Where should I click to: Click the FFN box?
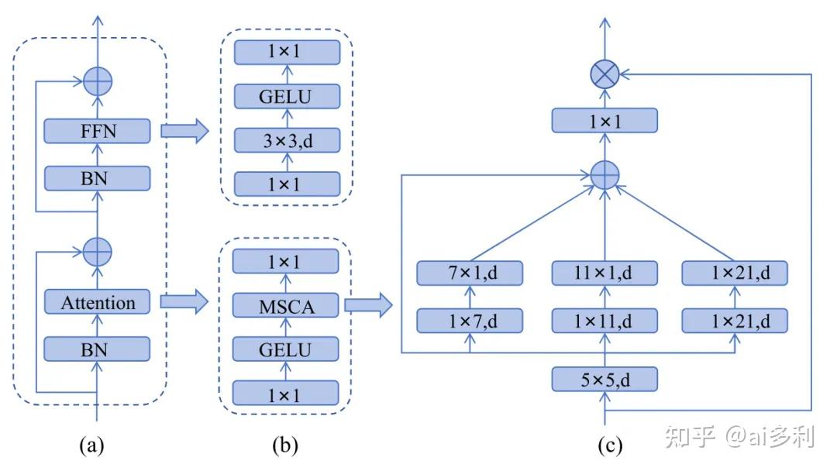(x=97, y=131)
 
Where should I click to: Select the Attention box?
(x=97, y=302)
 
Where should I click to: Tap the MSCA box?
(x=285, y=306)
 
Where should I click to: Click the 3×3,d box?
(x=288, y=140)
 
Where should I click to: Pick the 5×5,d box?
(x=604, y=380)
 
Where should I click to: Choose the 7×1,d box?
(x=470, y=273)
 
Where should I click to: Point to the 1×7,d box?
(x=470, y=321)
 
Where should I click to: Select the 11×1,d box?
(x=604, y=273)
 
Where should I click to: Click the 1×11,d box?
(x=604, y=321)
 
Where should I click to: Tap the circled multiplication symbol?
(x=604, y=74)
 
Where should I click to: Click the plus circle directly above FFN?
(x=98, y=81)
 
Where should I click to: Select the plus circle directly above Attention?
(x=98, y=252)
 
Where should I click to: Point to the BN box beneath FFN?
(x=97, y=178)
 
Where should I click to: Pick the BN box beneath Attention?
(x=97, y=349)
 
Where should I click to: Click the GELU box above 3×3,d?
(x=288, y=96)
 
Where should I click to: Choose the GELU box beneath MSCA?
(x=285, y=349)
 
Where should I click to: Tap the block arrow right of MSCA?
(x=369, y=305)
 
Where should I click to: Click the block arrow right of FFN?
(x=184, y=131)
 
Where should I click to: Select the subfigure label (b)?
(x=285, y=445)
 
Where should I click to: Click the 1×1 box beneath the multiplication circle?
(x=604, y=121)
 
